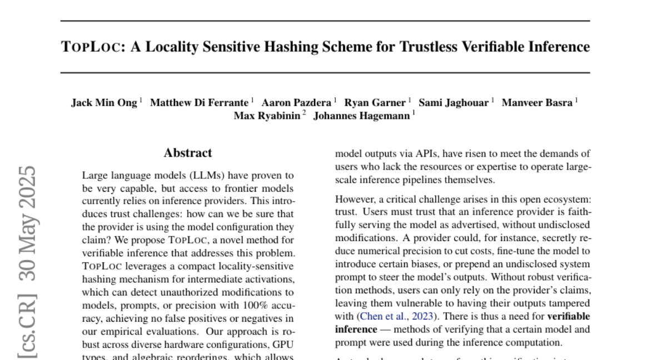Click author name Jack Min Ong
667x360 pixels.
point(104,103)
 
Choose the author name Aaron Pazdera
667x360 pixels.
point(297,103)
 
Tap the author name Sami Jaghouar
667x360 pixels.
point(454,103)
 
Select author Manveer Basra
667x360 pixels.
point(537,103)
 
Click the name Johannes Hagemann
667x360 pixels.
point(362,116)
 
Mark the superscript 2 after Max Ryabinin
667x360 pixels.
point(304,113)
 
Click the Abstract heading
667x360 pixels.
point(188,153)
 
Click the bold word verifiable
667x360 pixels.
point(568,317)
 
